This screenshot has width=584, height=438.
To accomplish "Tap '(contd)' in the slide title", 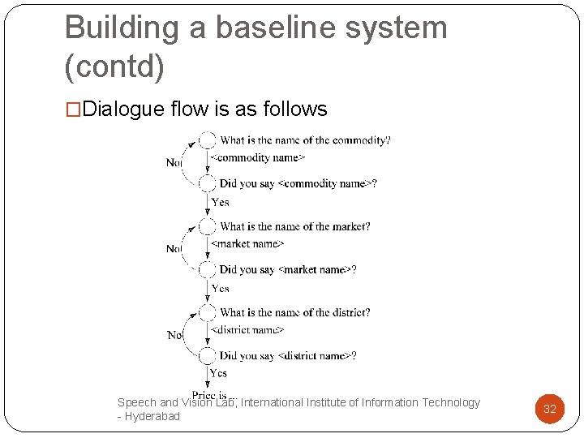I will tap(114, 67).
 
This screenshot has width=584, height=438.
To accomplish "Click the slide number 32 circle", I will tap(549, 409).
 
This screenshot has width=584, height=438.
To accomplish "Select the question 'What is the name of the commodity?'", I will tap(305, 140).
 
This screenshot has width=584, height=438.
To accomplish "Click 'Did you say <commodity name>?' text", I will tap(298, 183).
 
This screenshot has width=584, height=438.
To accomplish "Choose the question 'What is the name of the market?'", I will tap(295, 226).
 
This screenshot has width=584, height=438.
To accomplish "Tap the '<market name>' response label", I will tap(247, 243).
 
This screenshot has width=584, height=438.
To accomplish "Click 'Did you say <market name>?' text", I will tap(288, 269).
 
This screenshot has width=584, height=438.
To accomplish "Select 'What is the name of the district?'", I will tap(295, 312).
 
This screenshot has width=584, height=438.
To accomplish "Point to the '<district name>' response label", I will tap(247, 329).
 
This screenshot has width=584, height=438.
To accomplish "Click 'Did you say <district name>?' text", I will tap(288, 355).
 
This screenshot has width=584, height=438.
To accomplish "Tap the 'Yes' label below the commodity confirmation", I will tap(220, 202).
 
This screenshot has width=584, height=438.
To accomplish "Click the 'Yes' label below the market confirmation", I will tap(220, 288).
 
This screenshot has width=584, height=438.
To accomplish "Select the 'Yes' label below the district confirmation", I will tap(218, 373).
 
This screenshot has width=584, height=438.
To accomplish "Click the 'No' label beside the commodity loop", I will tap(174, 162).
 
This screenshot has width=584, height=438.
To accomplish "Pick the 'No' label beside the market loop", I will tap(174, 248).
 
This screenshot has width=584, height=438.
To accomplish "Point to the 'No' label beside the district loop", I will tap(174, 334).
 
